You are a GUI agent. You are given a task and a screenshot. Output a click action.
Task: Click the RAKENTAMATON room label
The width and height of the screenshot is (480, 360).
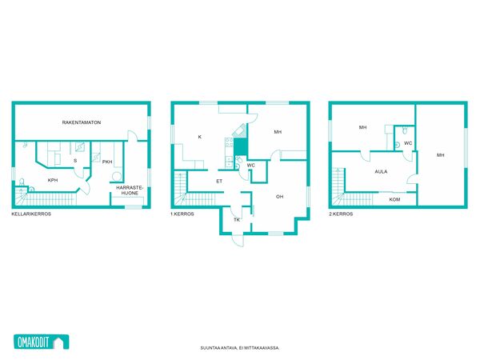tap(82, 122)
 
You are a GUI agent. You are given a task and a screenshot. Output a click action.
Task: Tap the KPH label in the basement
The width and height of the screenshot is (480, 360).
tap(53, 180)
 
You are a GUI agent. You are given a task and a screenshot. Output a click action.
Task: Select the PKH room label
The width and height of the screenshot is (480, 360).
tap(107, 162)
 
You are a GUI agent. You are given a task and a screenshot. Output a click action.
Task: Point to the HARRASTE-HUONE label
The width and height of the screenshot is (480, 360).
tap(130, 190)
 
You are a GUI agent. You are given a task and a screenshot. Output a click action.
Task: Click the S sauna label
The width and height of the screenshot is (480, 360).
tap(75, 161)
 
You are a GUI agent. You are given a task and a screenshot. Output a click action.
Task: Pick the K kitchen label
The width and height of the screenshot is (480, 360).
tap(199, 137)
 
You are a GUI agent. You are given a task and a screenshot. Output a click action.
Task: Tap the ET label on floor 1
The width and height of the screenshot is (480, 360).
tap(219, 182)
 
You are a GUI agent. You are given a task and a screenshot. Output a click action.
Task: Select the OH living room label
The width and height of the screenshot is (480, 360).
tap(279, 197)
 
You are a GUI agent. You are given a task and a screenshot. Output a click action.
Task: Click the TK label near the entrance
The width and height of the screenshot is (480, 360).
tap(237, 220)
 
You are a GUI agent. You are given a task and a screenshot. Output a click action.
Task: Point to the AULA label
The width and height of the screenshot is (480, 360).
tap(381, 172)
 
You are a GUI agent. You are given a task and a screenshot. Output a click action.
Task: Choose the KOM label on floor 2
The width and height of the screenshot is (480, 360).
tap(394, 199)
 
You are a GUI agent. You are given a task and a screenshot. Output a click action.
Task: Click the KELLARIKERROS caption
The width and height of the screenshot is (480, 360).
tap(31, 214)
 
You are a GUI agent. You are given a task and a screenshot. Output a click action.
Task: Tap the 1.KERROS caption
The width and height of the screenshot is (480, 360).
tap(182, 214)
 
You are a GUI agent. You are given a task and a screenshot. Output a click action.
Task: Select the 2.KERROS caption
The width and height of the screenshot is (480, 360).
tap(341, 214)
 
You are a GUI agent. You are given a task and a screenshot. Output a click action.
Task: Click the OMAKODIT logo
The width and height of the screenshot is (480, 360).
tap(42, 342)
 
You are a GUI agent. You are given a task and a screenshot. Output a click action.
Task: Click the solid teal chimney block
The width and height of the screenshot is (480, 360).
tap(241, 146)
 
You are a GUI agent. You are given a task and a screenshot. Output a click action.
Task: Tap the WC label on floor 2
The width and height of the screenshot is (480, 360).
tap(408, 143)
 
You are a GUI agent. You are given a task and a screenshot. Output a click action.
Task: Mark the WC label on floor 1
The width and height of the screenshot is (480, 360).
tap(250, 166)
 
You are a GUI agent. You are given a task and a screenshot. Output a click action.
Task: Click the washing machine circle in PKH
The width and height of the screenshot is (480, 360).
tap(117, 177)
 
